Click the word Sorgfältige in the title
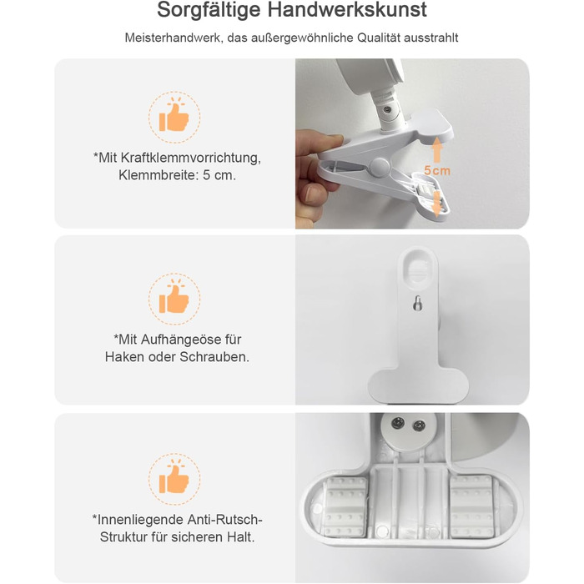209,10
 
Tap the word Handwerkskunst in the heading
347,9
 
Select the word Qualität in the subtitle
378,38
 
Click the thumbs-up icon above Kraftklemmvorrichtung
174,117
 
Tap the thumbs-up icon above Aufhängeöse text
174,299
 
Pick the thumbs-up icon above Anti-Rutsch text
174,479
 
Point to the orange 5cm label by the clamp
437,170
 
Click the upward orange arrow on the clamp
436,149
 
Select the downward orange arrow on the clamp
435,204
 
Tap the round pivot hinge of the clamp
380,168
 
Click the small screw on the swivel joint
387,109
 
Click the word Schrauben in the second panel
214,357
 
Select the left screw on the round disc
398,423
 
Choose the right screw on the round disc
420,425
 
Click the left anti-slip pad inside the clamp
345,507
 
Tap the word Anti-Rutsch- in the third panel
225,520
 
